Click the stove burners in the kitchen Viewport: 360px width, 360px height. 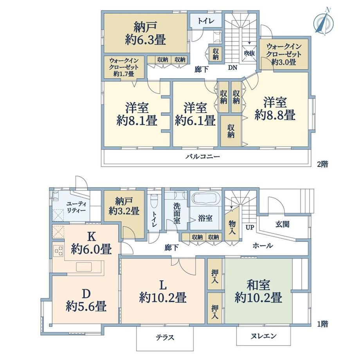click(58, 251)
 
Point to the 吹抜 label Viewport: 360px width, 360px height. click(249, 53)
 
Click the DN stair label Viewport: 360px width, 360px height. click(232, 68)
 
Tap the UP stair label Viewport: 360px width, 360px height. click(250, 227)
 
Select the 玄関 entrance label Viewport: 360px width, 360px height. click(283, 224)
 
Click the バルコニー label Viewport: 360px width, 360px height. click(203, 157)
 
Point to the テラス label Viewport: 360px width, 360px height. click(165, 337)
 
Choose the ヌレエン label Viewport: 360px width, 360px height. click(263, 336)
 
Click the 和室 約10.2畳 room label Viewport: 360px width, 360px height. click(258, 292)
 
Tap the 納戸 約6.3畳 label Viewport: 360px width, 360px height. click(145, 34)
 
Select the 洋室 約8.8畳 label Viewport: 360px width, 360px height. click(275, 109)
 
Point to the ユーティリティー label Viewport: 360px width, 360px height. click(76, 207)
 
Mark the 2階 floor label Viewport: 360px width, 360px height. click(322, 164)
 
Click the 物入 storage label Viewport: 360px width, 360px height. click(232, 227)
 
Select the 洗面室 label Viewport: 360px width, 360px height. click(177, 214)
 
